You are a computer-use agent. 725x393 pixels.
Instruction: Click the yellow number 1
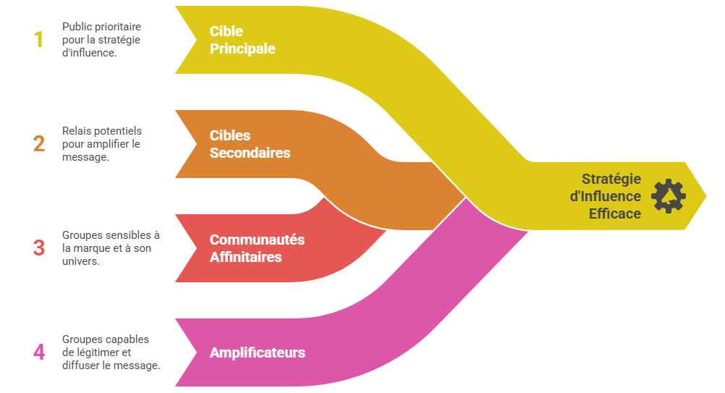[39, 39]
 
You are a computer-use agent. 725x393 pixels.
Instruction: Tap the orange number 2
[39, 144]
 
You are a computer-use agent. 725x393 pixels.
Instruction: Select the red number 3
[39, 248]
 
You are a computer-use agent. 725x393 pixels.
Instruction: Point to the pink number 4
[39, 352]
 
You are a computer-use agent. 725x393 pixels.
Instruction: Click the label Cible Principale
[242, 40]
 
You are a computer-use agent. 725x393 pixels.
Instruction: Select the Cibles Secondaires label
[250, 144]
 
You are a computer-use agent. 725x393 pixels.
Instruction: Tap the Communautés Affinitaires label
[257, 248]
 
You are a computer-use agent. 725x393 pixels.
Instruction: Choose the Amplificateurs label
[258, 352]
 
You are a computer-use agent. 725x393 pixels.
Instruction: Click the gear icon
[668, 196]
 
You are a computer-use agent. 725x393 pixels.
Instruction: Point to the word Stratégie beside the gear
[611, 179]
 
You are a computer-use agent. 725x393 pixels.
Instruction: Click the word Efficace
[615, 214]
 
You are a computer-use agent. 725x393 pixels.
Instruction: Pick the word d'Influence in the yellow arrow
[605, 196]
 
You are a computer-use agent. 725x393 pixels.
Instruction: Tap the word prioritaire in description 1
[117, 27]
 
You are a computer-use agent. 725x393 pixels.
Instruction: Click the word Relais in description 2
[74, 131]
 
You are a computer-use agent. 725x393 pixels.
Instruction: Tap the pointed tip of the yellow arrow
[706, 196]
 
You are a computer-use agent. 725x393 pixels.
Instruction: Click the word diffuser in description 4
[79, 365]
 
